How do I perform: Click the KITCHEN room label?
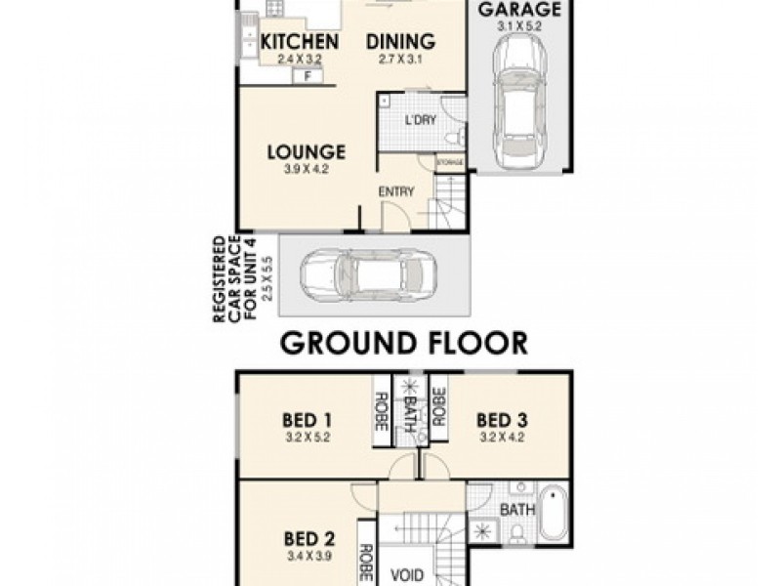[x=301, y=42]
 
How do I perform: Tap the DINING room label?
[x=400, y=42]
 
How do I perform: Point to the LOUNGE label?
[x=307, y=152]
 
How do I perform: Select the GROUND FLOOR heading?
[x=404, y=343]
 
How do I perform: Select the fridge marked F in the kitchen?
[x=309, y=75]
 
